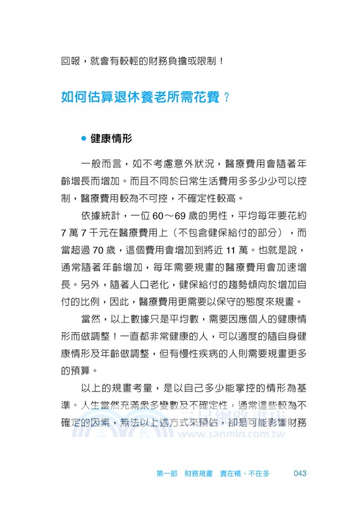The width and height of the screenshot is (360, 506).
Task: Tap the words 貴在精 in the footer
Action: point(230,473)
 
